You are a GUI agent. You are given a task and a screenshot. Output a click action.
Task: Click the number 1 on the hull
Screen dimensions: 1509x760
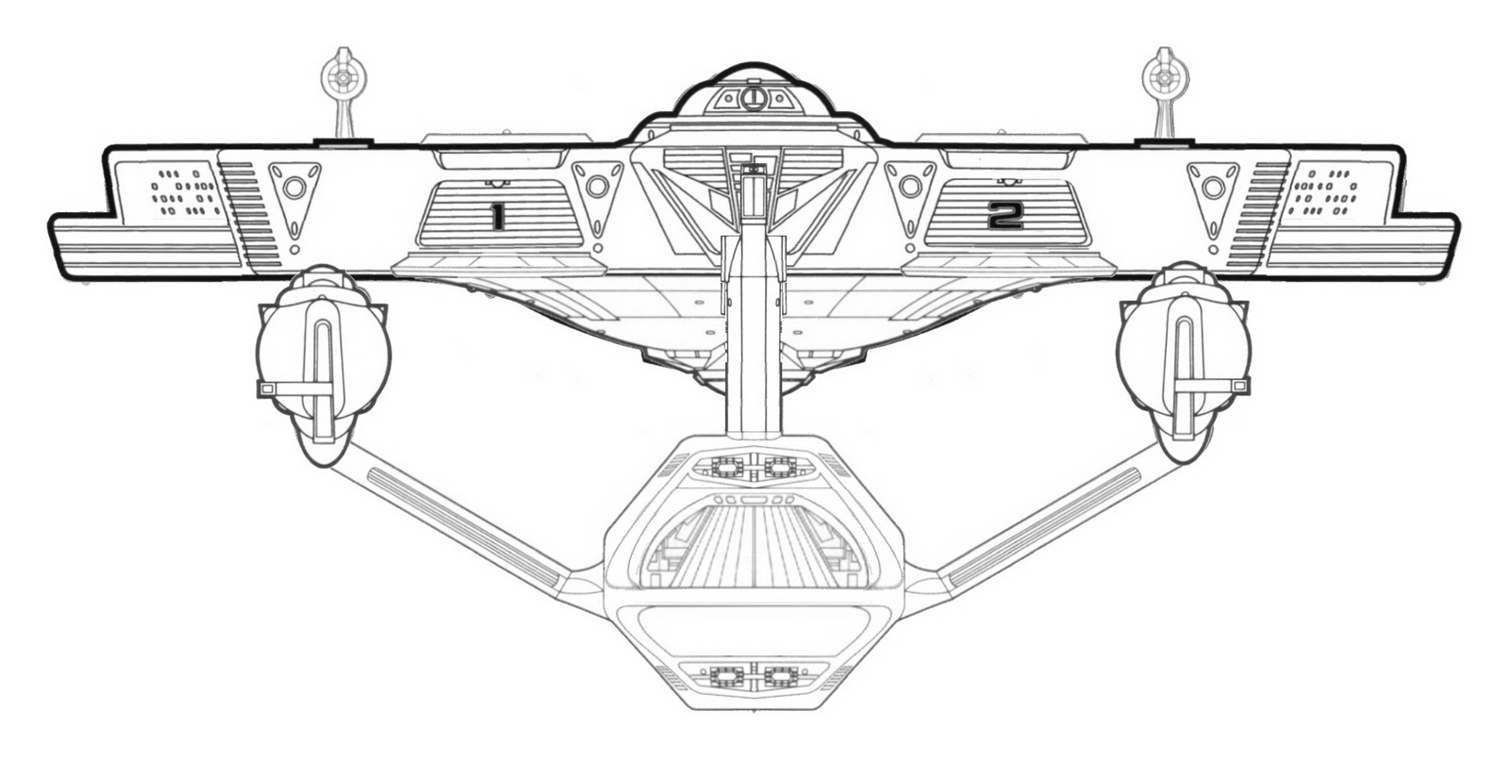pyautogui.click(x=496, y=218)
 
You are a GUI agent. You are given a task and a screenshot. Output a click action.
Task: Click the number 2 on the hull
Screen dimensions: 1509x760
pyautogui.click(x=1004, y=218)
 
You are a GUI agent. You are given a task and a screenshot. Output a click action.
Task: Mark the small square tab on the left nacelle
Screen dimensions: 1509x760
pyautogui.click(x=267, y=388)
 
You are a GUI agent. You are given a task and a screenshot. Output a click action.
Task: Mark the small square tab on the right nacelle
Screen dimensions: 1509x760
pyautogui.click(x=1239, y=386)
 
